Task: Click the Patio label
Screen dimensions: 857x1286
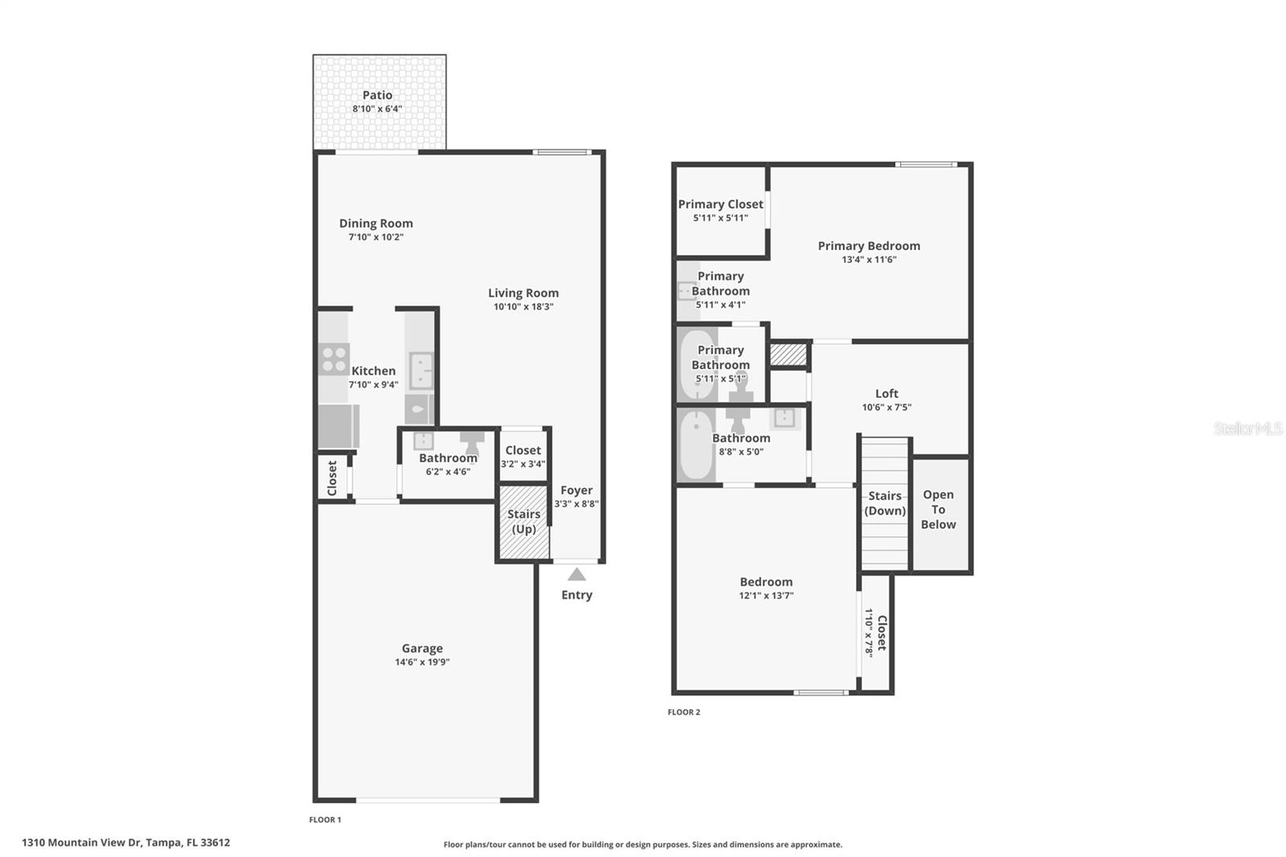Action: (377, 95)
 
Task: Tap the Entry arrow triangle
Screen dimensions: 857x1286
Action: (576, 574)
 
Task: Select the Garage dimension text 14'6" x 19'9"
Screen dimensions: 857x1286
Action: (422, 662)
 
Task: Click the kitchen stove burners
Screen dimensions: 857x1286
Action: (334, 359)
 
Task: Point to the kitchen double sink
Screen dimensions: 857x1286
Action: (420, 371)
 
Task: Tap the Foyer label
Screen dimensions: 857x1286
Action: (576, 490)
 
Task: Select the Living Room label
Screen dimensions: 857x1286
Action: (523, 293)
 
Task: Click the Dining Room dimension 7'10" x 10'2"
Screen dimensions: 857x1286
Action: (375, 237)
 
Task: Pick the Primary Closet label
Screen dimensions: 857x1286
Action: (720, 204)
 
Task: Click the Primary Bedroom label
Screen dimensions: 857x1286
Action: (869, 246)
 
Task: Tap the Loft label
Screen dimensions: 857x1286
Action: (887, 393)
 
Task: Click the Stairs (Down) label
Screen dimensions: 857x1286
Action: (885, 503)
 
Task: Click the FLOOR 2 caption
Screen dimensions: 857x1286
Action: (684, 711)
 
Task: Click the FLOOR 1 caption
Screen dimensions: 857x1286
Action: (326, 819)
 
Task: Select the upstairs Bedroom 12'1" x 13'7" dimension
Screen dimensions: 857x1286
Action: (766, 596)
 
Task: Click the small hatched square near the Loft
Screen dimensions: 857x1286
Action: (788, 354)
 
